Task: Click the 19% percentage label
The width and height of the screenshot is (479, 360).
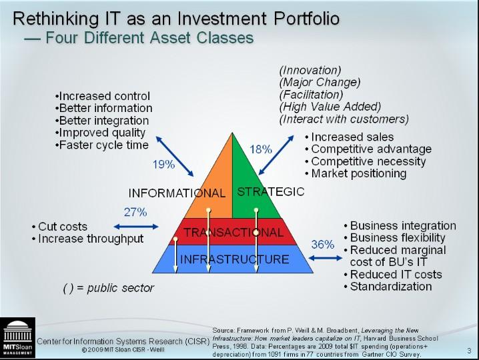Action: point(163,165)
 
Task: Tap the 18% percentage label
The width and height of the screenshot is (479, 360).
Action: point(261,149)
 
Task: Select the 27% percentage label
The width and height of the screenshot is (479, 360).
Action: point(135,212)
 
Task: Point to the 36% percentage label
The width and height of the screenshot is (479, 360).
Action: point(323,244)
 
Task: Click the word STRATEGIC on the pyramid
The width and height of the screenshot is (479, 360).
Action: point(271,192)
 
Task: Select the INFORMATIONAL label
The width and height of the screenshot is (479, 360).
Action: point(177,193)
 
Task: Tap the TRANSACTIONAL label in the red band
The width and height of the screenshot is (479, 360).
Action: point(233,233)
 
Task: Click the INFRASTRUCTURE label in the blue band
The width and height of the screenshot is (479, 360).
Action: point(234,259)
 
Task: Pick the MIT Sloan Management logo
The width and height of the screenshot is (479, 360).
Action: point(17,337)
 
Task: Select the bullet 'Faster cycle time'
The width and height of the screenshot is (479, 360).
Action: point(102,145)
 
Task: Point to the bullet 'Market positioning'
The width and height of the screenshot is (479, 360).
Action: point(356,173)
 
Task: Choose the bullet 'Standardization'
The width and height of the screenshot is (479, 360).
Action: point(388,287)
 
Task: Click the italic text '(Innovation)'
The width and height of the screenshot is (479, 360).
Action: point(310,70)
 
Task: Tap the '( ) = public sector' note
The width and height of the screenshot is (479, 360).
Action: point(109,288)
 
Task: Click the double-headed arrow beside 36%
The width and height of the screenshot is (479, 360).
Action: point(325,258)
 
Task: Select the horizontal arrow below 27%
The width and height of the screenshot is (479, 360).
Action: point(136,227)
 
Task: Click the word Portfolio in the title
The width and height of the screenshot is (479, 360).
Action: point(306,18)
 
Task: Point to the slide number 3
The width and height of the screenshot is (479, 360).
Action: point(469,351)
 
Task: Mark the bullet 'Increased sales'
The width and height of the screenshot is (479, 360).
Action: point(350,137)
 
